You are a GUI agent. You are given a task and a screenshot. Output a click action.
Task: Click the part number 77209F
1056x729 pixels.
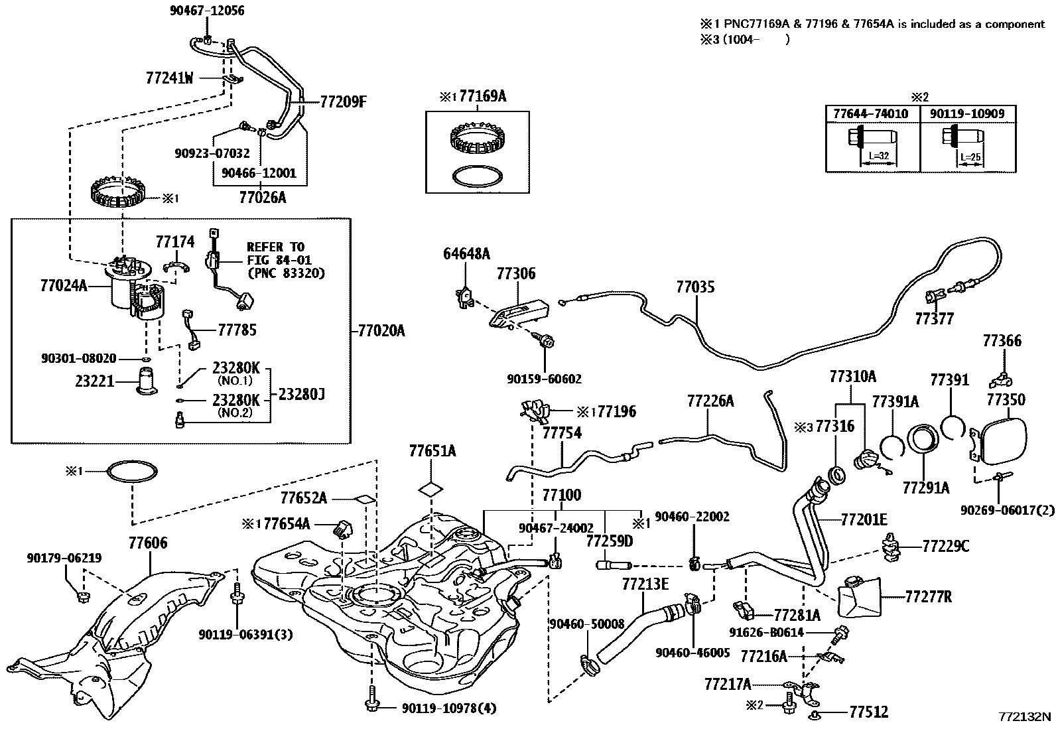tap(343, 102)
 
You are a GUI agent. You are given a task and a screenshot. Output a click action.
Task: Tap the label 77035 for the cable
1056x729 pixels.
tap(696, 287)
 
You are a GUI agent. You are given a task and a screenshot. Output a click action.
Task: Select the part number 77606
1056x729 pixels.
tap(148, 543)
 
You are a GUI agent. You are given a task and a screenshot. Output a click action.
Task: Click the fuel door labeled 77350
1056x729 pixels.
tap(1013, 440)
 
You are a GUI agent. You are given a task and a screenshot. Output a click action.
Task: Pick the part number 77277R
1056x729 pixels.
tap(928, 597)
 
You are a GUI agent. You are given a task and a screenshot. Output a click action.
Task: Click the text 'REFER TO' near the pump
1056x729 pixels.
tap(275, 247)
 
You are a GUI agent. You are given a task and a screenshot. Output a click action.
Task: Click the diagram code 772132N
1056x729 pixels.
tap(1025, 716)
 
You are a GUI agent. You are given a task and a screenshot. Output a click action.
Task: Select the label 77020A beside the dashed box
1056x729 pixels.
tap(380, 330)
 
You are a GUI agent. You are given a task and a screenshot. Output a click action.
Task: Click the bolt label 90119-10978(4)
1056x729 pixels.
tap(448, 708)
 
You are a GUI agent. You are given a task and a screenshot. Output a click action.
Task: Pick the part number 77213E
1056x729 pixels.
tap(645, 584)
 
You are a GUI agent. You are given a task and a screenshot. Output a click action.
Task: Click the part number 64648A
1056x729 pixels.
tap(466, 253)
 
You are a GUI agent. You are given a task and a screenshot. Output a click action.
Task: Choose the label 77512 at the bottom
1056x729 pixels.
tap(868, 712)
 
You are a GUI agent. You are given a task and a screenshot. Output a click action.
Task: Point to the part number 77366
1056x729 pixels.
tap(1002, 341)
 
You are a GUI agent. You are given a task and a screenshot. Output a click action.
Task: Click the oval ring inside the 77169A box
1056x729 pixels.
tap(476, 177)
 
